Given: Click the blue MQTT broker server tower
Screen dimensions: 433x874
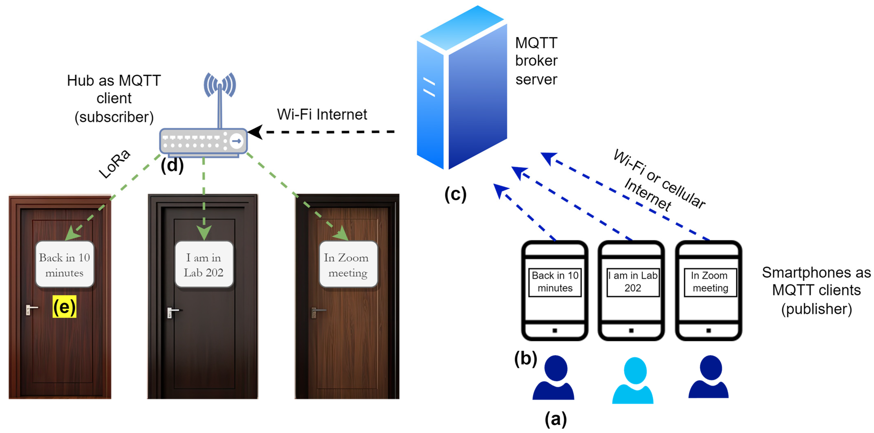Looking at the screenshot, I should point(461,88).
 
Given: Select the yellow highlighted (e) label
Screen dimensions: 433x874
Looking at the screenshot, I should point(64,307).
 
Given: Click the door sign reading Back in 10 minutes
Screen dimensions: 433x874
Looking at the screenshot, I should point(64,265).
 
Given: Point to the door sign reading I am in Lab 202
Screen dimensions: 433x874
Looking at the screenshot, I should point(204,265).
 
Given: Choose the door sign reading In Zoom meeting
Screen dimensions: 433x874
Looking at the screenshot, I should point(348,265).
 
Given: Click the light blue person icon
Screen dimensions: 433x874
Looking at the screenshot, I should point(633,380).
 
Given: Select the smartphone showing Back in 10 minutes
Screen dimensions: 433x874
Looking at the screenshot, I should point(555,290).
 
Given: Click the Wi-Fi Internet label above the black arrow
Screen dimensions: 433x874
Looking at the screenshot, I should point(322,115).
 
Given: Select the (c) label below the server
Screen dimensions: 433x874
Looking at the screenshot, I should point(455,194).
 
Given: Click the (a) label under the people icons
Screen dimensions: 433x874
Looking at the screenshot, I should point(555,419).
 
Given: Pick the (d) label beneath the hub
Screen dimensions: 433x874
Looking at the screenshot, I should point(172,165).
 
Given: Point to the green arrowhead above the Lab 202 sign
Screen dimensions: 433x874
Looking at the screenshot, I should point(204,233).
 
